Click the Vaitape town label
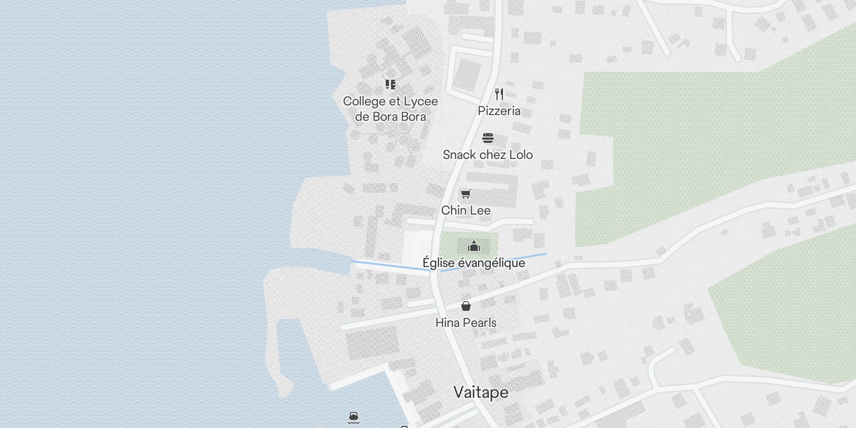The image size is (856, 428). coord(480,392)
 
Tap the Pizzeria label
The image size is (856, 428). coord(499,111)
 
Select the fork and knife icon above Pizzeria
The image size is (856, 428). coord(499,94)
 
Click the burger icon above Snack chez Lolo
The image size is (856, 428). coord(487,138)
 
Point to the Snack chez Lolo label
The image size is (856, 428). coord(487,155)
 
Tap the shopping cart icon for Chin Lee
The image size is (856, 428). coord(465,194)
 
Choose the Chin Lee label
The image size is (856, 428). coord(465,210)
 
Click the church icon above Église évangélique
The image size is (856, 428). coord(473,246)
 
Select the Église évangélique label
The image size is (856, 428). coord(473,263)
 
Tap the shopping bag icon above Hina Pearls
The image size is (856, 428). coord(466,306)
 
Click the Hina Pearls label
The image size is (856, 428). coord(465,323)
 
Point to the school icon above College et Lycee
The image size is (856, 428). coord(391,85)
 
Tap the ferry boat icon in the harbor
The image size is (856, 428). coord(353,417)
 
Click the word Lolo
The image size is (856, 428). coord(521,155)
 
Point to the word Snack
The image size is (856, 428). coord(459,155)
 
